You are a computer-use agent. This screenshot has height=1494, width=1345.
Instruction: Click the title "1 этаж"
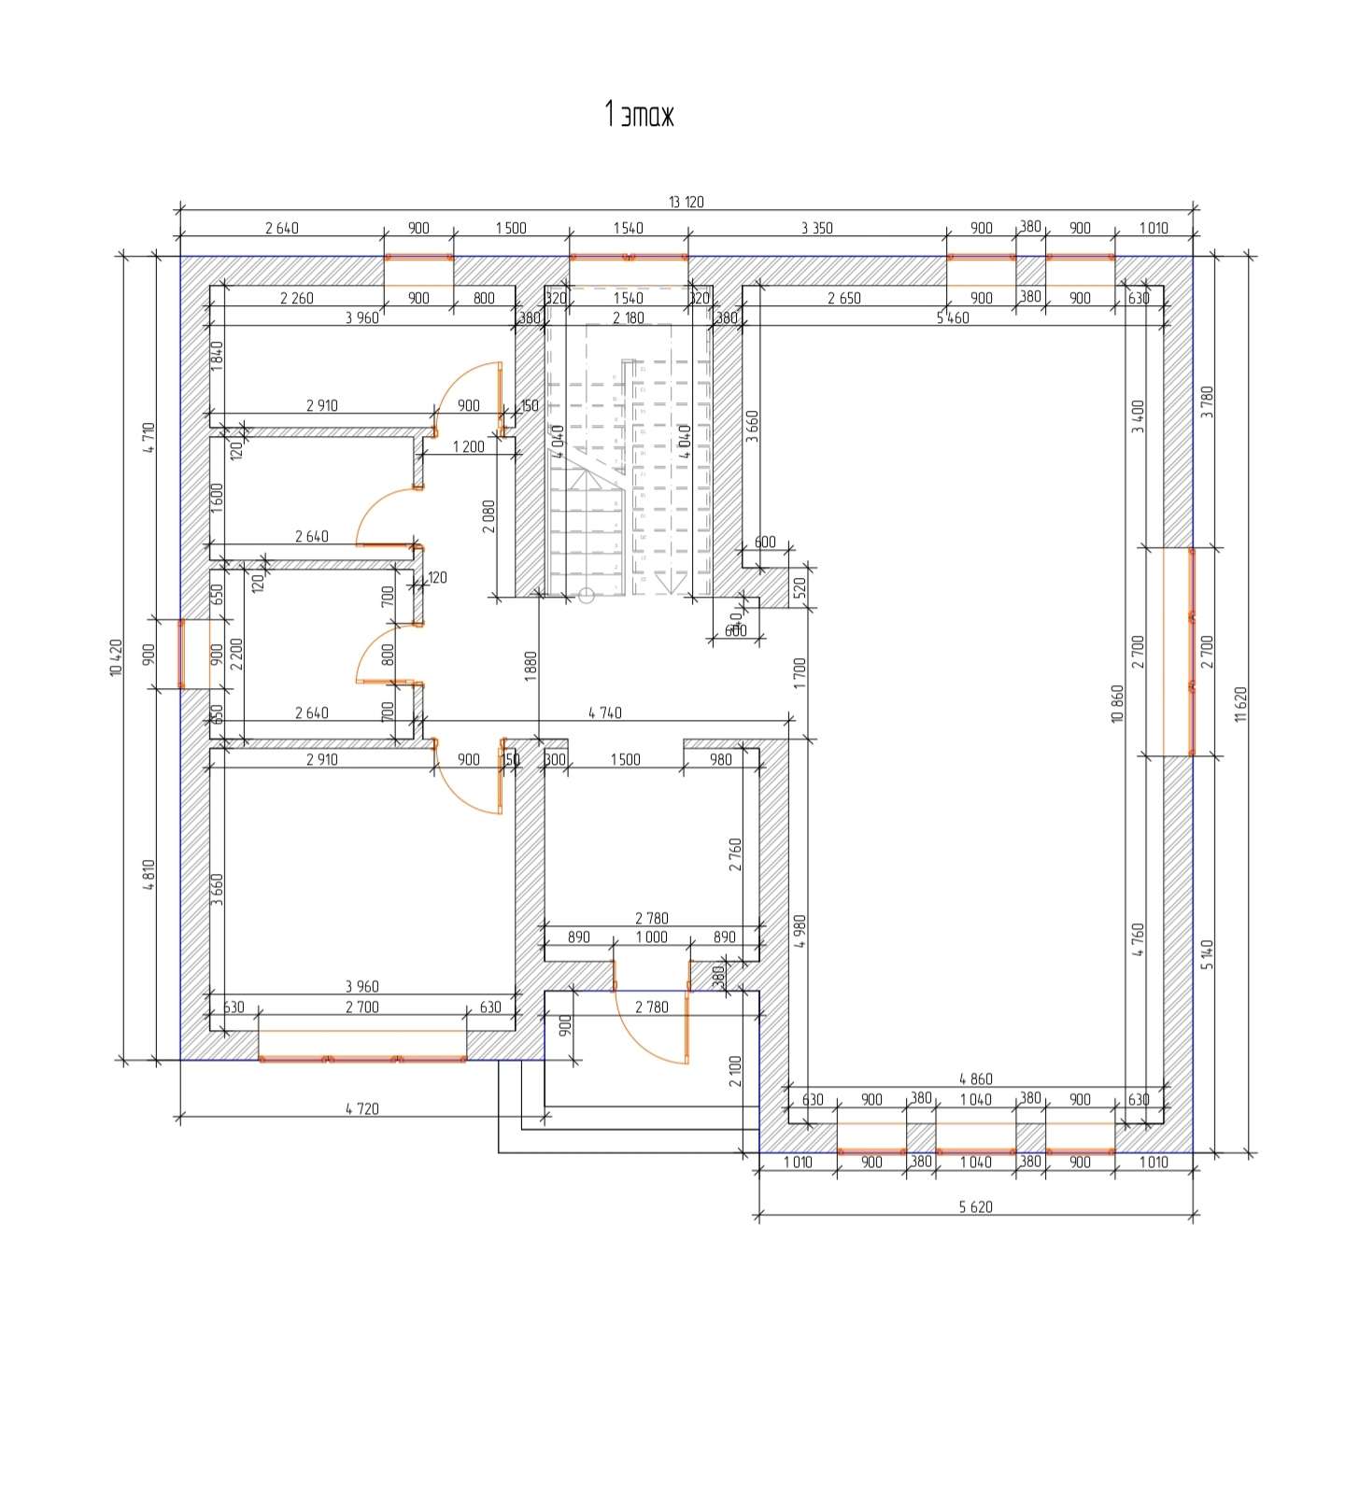(x=639, y=115)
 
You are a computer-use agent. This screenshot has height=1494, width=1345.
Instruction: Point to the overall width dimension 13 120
(x=686, y=202)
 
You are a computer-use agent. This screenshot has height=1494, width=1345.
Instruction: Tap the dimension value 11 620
(x=1240, y=704)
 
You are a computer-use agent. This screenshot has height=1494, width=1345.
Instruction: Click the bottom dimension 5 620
(x=975, y=1206)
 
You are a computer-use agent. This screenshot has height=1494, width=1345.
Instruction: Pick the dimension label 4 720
(x=361, y=1108)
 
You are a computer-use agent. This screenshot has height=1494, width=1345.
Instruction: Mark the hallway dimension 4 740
(x=604, y=712)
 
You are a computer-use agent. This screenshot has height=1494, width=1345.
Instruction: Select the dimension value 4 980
(x=799, y=932)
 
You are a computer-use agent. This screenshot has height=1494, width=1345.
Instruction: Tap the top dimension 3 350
(x=816, y=228)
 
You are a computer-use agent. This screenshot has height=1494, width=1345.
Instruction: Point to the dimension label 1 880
(x=531, y=667)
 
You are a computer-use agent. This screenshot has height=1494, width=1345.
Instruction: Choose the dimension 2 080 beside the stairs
(x=488, y=516)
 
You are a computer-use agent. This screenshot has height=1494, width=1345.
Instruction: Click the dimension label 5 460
(x=953, y=317)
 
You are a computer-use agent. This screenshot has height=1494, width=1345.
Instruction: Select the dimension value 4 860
(x=975, y=1079)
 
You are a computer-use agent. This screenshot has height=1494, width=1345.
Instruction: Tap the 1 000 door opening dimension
(x=651, y=937)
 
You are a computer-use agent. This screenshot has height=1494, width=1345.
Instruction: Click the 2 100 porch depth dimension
(x=736, y=1071)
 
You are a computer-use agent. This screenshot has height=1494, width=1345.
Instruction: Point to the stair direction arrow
(x=665, y=584)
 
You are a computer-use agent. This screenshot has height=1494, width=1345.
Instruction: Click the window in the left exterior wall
(x=181, y=654)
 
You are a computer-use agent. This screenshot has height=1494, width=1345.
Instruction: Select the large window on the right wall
(x=1191, y=651)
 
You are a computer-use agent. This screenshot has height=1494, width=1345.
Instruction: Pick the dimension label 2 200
(x=236, y=654)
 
